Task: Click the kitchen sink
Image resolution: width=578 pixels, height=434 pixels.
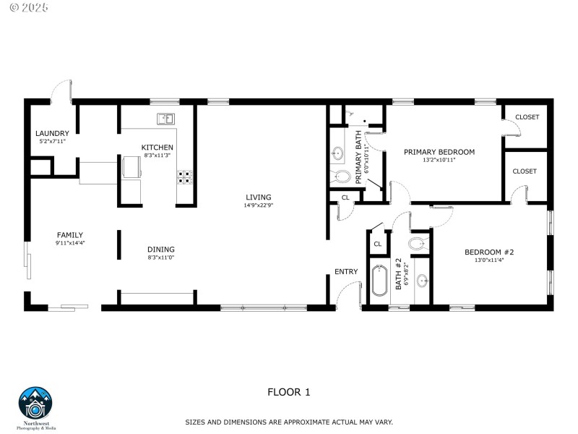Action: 165,118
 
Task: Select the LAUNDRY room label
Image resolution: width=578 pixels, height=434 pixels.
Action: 52,133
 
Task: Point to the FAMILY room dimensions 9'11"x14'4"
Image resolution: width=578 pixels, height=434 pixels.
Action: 70,243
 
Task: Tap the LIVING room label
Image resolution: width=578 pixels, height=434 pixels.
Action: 258,197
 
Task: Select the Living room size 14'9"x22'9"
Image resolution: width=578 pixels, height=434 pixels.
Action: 258,205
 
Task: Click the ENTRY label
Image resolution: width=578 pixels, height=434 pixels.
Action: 346,272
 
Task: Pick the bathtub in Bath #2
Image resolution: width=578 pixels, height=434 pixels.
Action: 380,281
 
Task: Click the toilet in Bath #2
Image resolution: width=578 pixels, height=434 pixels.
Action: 418,243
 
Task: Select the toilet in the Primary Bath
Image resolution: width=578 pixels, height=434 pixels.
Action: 340,176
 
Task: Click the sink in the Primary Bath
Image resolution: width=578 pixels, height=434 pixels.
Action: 337,153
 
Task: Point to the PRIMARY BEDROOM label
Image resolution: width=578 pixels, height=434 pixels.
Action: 439,152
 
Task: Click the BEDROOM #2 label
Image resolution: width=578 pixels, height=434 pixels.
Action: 488,252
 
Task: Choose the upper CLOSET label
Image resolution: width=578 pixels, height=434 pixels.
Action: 527,117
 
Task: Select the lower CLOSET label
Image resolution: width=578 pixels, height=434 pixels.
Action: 524,171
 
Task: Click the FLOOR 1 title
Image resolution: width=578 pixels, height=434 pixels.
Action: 288,393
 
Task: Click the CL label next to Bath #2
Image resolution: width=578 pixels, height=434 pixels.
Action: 377,244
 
